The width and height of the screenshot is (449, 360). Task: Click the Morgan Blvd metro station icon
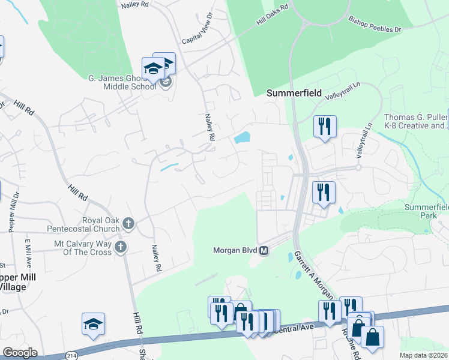264,251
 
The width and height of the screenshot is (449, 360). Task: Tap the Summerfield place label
291,93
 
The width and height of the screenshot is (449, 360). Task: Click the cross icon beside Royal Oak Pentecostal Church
128,224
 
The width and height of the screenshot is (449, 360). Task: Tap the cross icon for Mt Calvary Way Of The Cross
121,247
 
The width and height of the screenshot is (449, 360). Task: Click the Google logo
20,352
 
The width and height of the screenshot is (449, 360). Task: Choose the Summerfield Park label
426,211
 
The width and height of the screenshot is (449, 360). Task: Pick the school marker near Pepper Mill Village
94,325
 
